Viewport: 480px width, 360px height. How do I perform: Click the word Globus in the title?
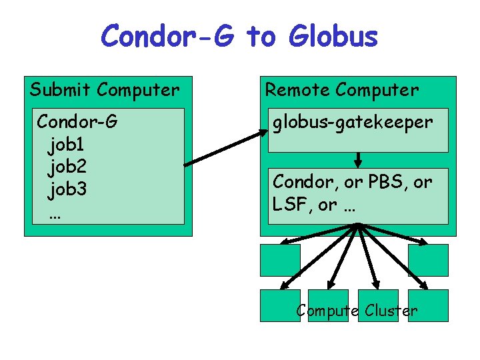coord(333,37)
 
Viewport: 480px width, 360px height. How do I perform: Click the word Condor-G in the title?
coord(167,37)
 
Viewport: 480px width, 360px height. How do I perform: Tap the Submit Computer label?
coord(105,89)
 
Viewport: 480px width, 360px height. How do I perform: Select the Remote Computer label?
coord(342,89)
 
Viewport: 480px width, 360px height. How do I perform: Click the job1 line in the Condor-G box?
coord(66,143)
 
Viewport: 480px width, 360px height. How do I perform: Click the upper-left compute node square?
coord(279,260)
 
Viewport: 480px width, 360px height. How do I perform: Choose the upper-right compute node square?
coord(428,260)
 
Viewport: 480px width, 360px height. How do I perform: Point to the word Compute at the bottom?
coord(323,311)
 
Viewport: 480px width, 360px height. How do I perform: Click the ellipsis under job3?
coord(55,215)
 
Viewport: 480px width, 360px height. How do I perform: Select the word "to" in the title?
coord(261,37)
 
